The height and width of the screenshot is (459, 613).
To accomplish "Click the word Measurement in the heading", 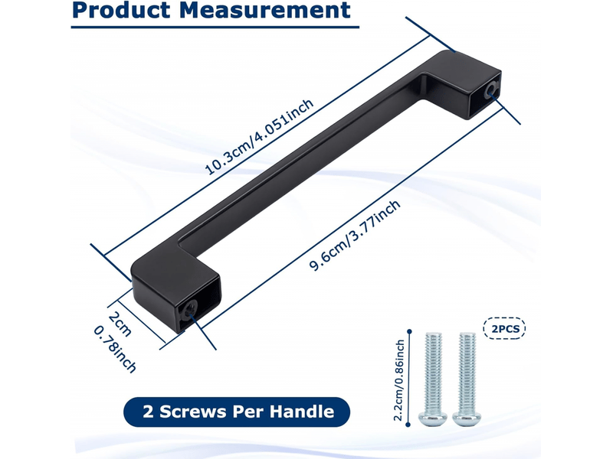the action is tap(264, 10).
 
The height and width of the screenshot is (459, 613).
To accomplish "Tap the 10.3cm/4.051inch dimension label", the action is tap(259, 137).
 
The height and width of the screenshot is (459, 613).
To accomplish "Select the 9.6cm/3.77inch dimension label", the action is tap(355, 236).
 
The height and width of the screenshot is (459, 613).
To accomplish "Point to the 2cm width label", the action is tap(120, 324).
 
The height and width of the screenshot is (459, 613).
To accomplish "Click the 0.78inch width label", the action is tap(115, 350).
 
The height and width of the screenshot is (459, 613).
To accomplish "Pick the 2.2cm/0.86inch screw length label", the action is tap(398, 380).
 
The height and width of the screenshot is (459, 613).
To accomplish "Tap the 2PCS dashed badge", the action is tap(505, 328).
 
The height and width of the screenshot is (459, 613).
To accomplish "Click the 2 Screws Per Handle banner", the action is tap(237, 412).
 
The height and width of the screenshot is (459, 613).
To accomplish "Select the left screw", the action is tap(432, 379).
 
